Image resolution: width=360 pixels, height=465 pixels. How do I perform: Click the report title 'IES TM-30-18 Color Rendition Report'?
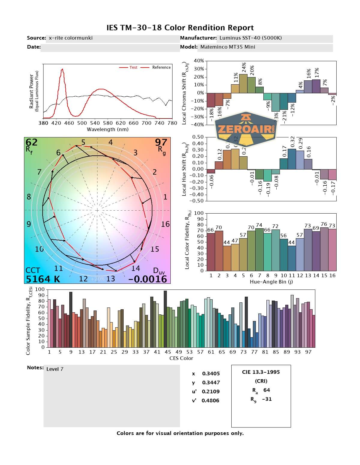tap(180, 28)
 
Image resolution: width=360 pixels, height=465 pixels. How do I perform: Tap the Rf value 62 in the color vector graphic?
tap(31, 142)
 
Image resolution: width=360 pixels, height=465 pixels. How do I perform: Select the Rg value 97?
tap(161, 142)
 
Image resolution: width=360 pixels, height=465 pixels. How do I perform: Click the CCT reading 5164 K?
tap(43, 279)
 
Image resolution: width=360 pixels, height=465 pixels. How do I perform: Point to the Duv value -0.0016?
tap(148, 279)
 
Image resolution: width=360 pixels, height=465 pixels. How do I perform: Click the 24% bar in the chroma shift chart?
tap(243, 83)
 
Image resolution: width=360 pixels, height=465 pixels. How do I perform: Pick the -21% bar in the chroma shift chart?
tap(284, 101)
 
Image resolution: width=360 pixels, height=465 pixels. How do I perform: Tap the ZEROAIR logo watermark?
tap(246, 129)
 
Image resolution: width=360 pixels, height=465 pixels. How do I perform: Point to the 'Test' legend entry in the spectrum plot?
tap(133, 67)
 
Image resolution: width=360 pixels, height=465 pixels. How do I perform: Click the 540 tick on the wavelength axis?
tap(95, 123)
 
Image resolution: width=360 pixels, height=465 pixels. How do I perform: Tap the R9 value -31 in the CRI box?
tap(266, 399)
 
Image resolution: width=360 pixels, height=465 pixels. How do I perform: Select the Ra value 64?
tap(266, 390)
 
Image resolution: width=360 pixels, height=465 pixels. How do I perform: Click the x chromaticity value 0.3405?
tap(211, 373)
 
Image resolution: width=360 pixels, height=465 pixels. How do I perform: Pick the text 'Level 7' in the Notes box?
tap(55, 369)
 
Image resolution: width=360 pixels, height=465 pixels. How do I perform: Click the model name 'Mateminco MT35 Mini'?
tap(228, 47)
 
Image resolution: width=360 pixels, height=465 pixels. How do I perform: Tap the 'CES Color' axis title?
tap(181, 358)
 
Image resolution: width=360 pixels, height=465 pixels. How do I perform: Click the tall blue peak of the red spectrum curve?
tap(62, 70)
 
